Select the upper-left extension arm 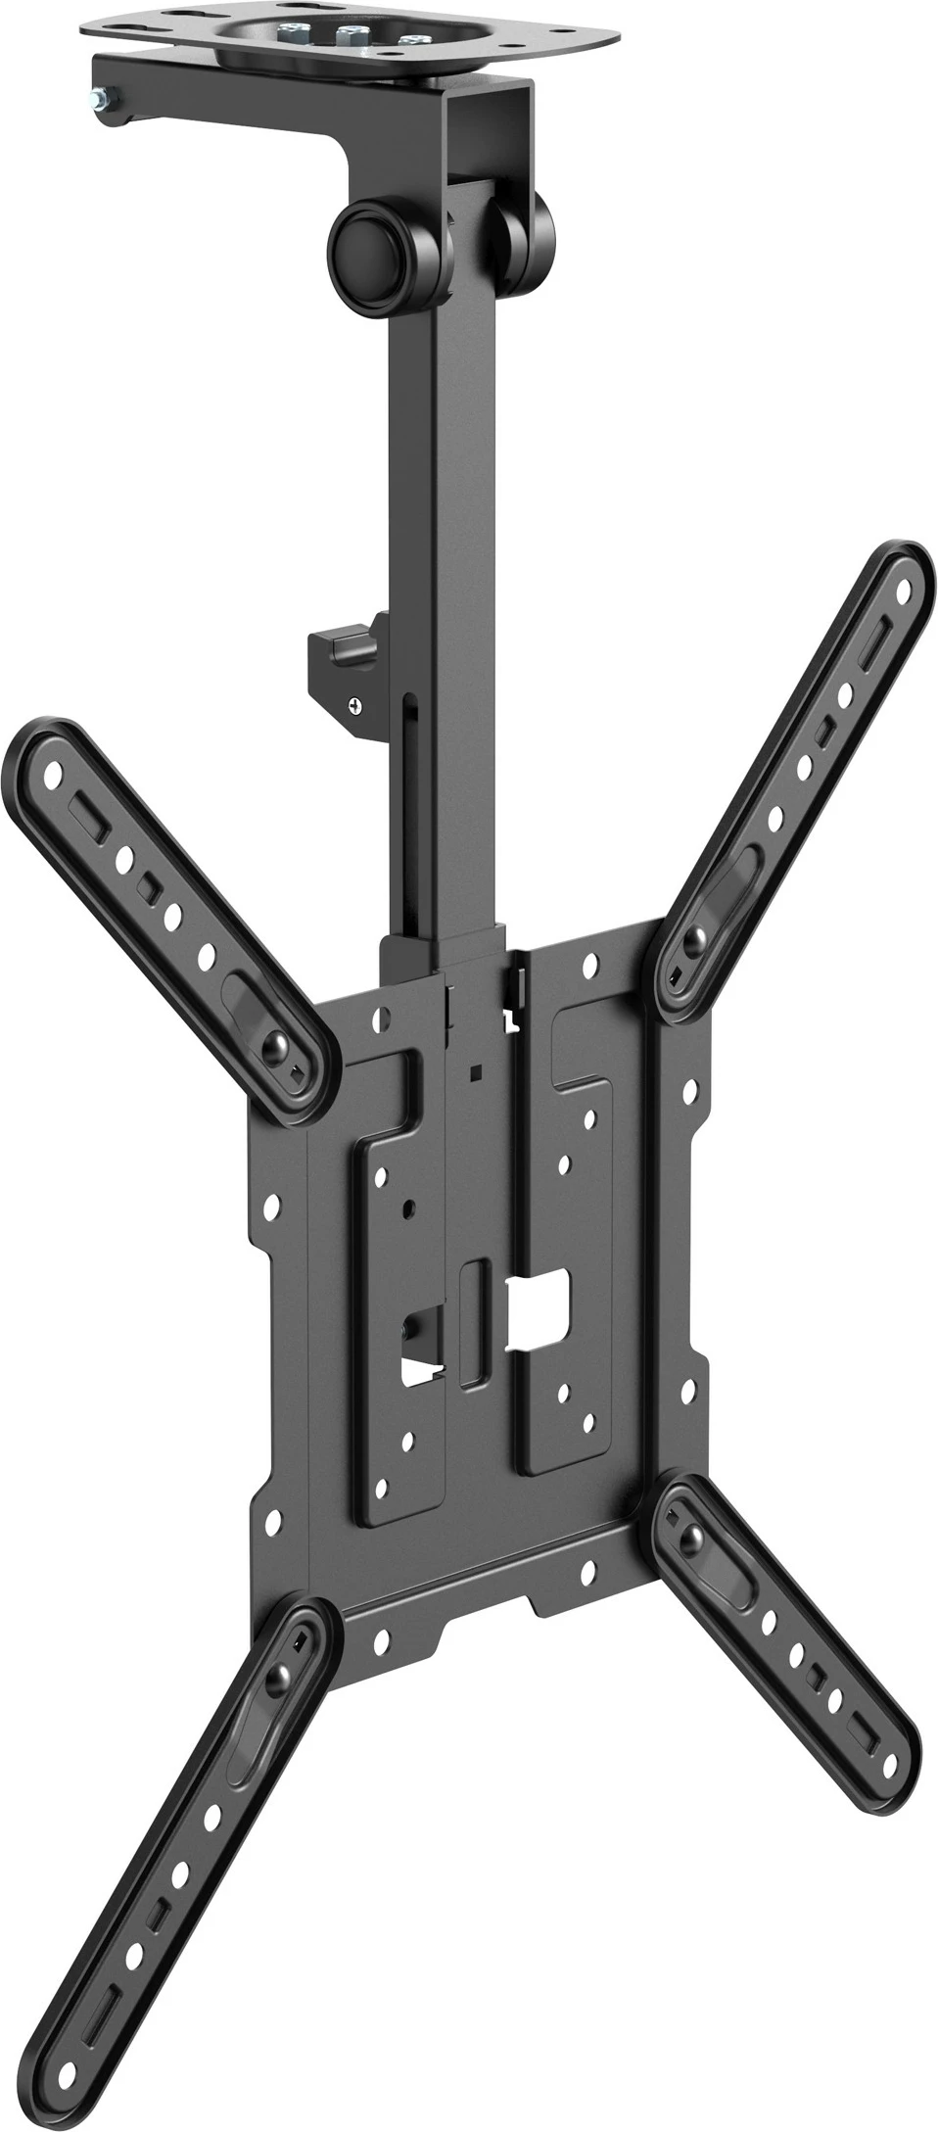coord(166,881)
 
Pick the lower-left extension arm coord(196,1861)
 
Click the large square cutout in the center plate coord(539,1303)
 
